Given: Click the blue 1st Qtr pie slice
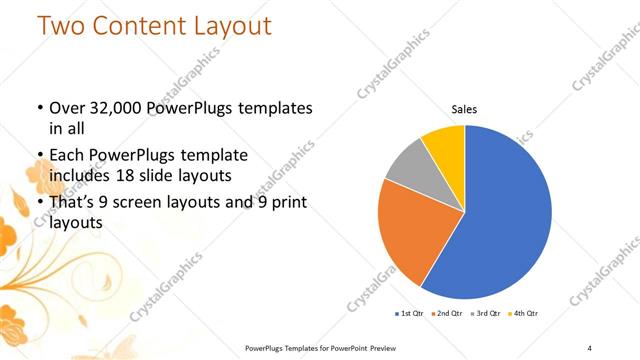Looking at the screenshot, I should tap(505, 215).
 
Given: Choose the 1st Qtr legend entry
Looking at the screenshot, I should tap(409, 314).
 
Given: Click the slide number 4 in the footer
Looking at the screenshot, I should tap(589, 347).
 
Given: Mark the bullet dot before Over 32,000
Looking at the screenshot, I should tap(38, 108).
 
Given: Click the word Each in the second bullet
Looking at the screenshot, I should tap(68, 155).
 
